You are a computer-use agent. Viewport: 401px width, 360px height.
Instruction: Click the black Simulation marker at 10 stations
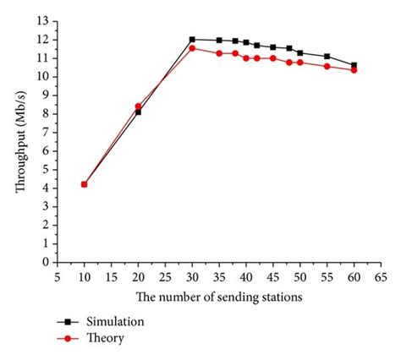click(84, 184)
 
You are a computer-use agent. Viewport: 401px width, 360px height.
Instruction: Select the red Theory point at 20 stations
click(138, 106)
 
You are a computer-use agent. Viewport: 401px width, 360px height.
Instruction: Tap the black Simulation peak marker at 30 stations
click(192, 40)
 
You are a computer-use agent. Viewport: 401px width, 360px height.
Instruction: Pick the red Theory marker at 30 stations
click(192, 48)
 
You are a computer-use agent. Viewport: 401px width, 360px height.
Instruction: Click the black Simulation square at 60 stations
click(354, 65)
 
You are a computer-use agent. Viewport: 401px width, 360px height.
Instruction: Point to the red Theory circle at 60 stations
click(354, 70)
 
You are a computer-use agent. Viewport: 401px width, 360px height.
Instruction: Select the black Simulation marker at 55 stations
click(327, 57)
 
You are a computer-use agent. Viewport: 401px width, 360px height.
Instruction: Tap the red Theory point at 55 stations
click(327, 66)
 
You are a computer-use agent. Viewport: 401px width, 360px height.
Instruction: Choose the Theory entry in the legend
click(107, 337)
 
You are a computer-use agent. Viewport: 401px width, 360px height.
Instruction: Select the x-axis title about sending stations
click(218, 297)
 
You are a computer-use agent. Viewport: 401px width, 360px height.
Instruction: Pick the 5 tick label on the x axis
click(57, 275)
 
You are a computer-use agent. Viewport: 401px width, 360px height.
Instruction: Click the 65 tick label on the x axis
click(381, 275)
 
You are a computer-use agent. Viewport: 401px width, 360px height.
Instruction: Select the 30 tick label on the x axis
click(192, 275)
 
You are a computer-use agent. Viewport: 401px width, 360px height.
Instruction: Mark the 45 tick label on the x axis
click(272, 275)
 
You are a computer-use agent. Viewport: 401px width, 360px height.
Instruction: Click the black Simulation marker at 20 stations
click(138, 112)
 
